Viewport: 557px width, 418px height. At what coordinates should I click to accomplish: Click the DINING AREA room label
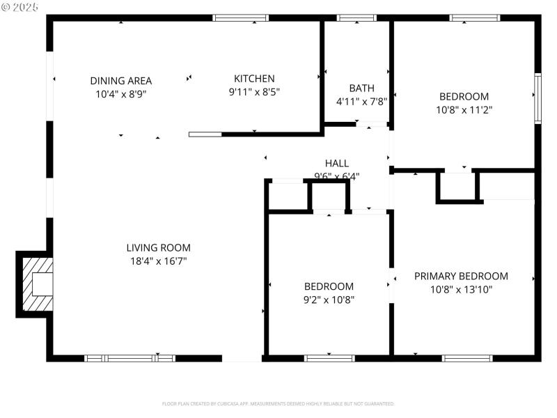click(x=120, y=80)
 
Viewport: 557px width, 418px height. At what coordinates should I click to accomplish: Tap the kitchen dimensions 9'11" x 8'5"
click(x=254, y=91)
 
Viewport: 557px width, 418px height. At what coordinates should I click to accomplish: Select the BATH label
click(x=361, y=88)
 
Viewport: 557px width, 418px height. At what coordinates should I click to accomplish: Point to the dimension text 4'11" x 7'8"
click(x=361, y=100)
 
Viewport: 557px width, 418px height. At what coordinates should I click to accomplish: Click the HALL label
click(x=336, y=163)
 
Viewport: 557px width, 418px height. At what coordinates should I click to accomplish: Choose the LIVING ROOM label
click(x=158, y=247)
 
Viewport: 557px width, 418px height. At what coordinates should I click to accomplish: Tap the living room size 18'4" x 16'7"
click(x=158, y=261)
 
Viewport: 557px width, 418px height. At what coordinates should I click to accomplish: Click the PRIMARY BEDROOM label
click(x=461, y=276)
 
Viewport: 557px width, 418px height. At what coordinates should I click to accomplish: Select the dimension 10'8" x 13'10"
click(x=461, y=289)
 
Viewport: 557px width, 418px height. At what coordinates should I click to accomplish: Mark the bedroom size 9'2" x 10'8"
click(x=329, y=300)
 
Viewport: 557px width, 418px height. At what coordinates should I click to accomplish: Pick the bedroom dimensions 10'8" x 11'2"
click(x=463, y=109)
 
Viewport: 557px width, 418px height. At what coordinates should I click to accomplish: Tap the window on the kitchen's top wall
click(x=240, y=18)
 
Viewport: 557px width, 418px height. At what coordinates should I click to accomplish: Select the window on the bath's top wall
click(x=356, y=18)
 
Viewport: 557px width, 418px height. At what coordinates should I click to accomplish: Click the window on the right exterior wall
click(x=538, y=98)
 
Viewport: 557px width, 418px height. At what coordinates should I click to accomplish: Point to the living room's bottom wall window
click(x=130, y=358)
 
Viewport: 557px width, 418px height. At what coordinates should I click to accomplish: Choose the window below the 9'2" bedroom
click(x=329, y=358)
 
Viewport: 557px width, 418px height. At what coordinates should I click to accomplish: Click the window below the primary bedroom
click(x=467, y=358)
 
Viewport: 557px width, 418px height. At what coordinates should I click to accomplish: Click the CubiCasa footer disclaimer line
click(x=278, y=403)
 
